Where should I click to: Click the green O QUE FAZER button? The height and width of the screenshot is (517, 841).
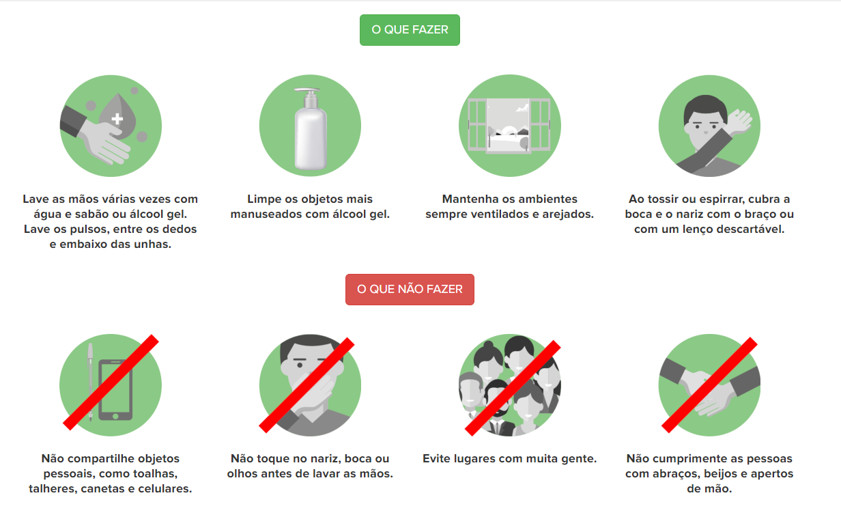pos(410,30)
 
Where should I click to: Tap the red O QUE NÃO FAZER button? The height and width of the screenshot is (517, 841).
pos(410,290)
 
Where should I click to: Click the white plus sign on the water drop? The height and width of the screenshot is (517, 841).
pos(117,119)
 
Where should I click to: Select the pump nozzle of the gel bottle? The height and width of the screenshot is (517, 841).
pos(308,92)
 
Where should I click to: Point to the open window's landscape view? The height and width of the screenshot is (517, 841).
pos(509,125)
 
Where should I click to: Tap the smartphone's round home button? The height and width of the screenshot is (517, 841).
pos(115,416)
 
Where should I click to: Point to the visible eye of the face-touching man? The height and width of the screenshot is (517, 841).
pos(300,365)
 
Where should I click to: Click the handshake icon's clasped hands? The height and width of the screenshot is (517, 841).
pos(709,393)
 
